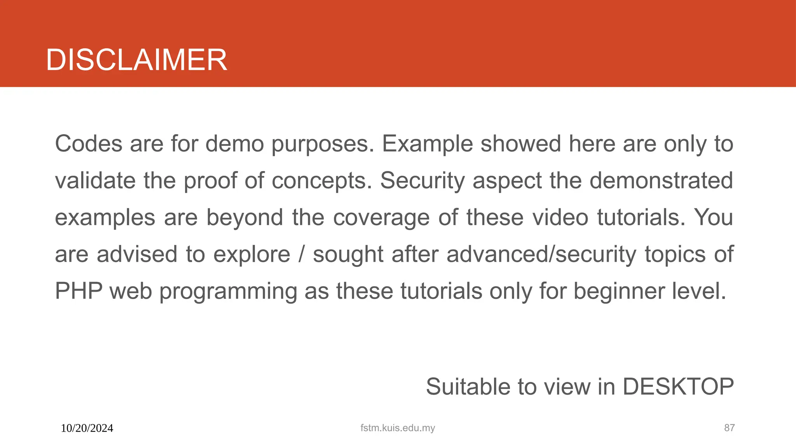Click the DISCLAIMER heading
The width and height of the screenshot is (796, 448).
pos(136,60)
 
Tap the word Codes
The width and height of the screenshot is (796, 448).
pos(89,143)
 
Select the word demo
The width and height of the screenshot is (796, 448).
pos(234,143)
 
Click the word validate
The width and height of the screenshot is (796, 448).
pos(95,180)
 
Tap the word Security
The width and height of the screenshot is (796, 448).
pos(422,181)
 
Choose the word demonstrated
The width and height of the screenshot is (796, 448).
pos(661,180)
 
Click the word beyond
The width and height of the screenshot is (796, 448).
pos(244,217)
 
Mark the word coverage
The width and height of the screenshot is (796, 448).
pos(381,218)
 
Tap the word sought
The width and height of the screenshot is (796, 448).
pos(348,254)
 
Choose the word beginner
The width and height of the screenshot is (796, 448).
pos(619,291)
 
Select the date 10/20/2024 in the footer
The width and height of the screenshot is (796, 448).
pos(87,428)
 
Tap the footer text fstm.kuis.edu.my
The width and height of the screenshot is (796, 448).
pos(398,428)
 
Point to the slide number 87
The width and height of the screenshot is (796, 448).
pos(729,428)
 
